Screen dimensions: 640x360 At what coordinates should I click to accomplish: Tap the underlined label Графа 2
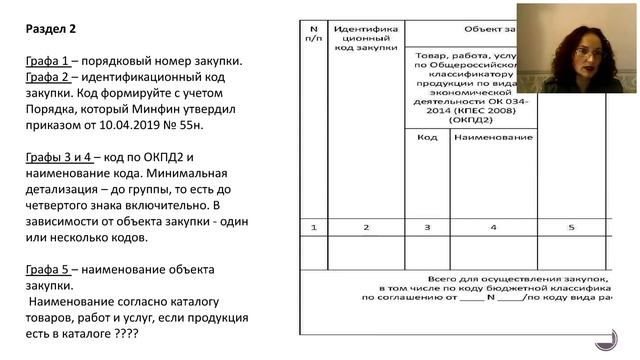point(50,79)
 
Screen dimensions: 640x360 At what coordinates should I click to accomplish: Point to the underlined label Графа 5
point(50,269)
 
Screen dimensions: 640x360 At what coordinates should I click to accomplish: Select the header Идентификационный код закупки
point(366,43)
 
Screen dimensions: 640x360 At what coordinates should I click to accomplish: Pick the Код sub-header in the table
point(427,137)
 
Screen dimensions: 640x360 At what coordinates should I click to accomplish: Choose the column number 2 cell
point(366,228)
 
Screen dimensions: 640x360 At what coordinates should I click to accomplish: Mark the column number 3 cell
point(427,228)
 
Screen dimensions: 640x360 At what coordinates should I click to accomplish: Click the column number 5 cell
point(572,228)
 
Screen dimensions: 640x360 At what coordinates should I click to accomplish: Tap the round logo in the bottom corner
point(607,339)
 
